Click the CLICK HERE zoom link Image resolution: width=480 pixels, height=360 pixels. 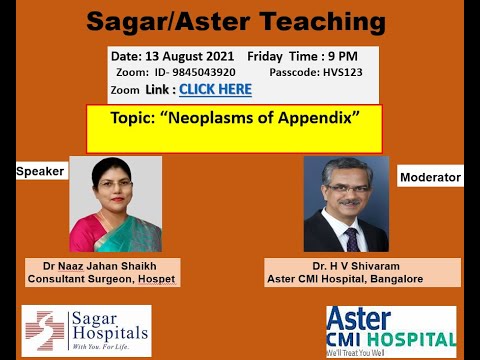(x=215, y=90)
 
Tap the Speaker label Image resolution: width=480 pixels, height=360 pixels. (x=40, y=172)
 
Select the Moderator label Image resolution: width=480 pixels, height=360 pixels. (x=430, y=178)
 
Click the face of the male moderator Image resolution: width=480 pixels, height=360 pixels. (x=346, y=195)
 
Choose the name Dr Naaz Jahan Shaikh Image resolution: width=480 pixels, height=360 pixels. (x=103, y=266)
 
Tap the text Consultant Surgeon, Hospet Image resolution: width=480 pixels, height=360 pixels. (x=103, y=280)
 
